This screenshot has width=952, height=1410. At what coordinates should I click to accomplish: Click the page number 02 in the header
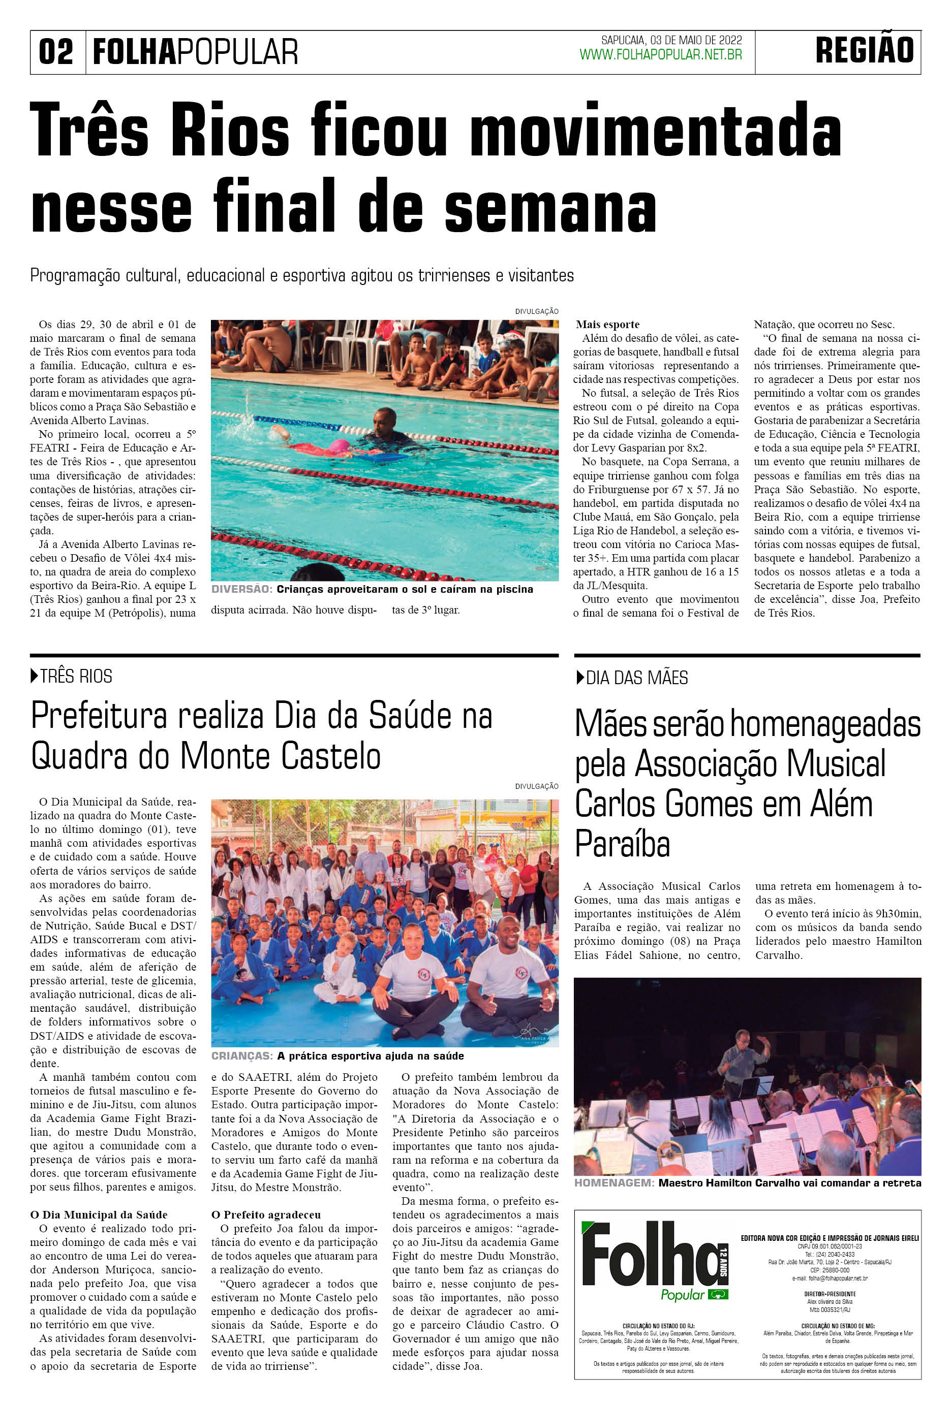(x=56, y=52)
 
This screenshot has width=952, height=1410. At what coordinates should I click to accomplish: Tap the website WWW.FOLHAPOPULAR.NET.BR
(x=661, y=55)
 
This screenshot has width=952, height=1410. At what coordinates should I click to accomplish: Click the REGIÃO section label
(x=864, y=50)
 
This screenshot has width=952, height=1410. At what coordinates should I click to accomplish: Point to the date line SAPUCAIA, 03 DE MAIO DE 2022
(x=671, y=40)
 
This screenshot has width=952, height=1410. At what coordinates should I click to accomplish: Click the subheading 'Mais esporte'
(x=607, y=325)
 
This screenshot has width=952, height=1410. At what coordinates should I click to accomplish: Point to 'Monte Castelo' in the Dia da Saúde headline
(x=281, y=757)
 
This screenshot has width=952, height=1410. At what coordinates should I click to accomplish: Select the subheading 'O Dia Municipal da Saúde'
(x=99, y=1214)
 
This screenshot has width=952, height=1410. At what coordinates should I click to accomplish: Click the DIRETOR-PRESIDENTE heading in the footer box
(x=830, y=1294)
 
